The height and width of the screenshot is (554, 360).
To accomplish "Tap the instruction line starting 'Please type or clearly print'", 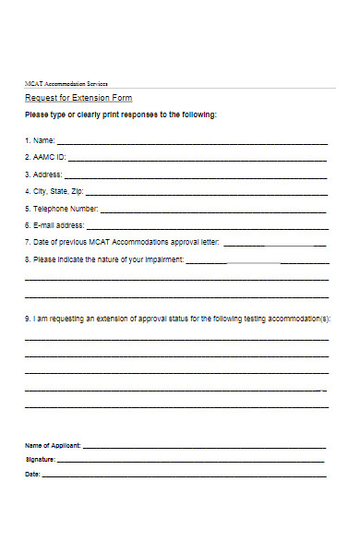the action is (121, 115).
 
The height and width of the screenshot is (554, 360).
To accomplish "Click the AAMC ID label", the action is (48, 158).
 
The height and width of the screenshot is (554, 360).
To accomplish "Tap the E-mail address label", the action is (57, 225).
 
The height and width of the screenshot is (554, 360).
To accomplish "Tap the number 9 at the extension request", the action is (27, 318).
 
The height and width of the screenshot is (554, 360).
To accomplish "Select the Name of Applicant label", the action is (53, 445).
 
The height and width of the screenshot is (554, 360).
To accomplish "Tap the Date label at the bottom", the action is (32, 475).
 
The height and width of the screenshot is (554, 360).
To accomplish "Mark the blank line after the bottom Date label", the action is (185, 476).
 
